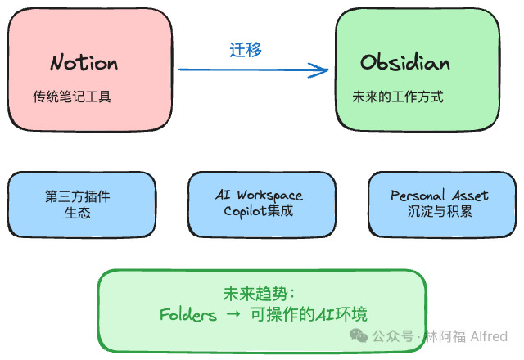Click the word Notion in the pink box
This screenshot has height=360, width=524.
pyautogui.click(x=84, y=63)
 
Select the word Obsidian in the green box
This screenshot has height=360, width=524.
pyautogui.click(x=406, y=63)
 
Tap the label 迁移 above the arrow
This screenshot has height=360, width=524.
pyautogui.click(x=246, y=50)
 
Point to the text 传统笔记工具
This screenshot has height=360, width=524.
pyautogui.click(x=72, y=97)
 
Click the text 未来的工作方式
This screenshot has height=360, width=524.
pyautogui.click(x=398, y=97)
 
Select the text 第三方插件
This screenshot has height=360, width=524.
pyautogui.click(x=78, y=196)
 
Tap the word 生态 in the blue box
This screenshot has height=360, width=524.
pyautogui.click(x=78, y=213)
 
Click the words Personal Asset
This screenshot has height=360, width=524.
pyautogui.click(x=439, y=196)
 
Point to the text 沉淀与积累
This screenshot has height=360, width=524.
pyautogui.click(x=440, y=211)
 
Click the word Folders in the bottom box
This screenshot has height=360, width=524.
pyautogui.click(x=188, y=315)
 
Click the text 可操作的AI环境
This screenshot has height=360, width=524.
pyautogui.click(x=305, y=315)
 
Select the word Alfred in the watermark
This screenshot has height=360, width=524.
pyautogui.click(x=488, y=336)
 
